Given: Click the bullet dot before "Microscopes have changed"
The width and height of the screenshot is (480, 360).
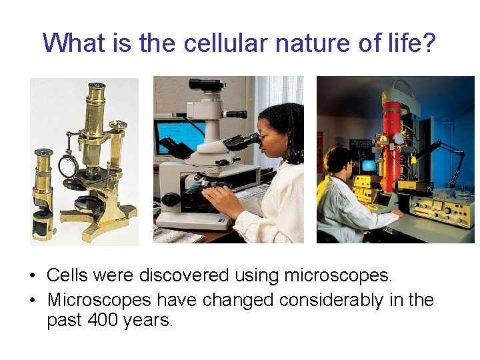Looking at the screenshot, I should [x=32, y=301].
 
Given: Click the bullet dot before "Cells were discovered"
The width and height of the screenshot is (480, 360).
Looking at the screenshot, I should [x=32, y=275].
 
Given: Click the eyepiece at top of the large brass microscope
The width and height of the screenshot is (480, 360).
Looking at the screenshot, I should [x=97, y=87].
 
